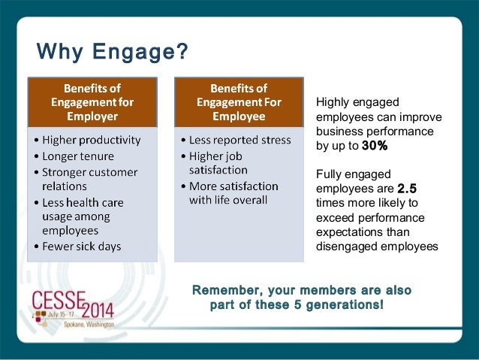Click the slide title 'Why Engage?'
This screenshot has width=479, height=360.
point(113,53)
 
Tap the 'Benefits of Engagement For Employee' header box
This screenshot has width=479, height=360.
point(237,101)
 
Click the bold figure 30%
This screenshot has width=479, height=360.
point(375,146)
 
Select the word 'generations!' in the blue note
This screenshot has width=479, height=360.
point(346,304)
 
